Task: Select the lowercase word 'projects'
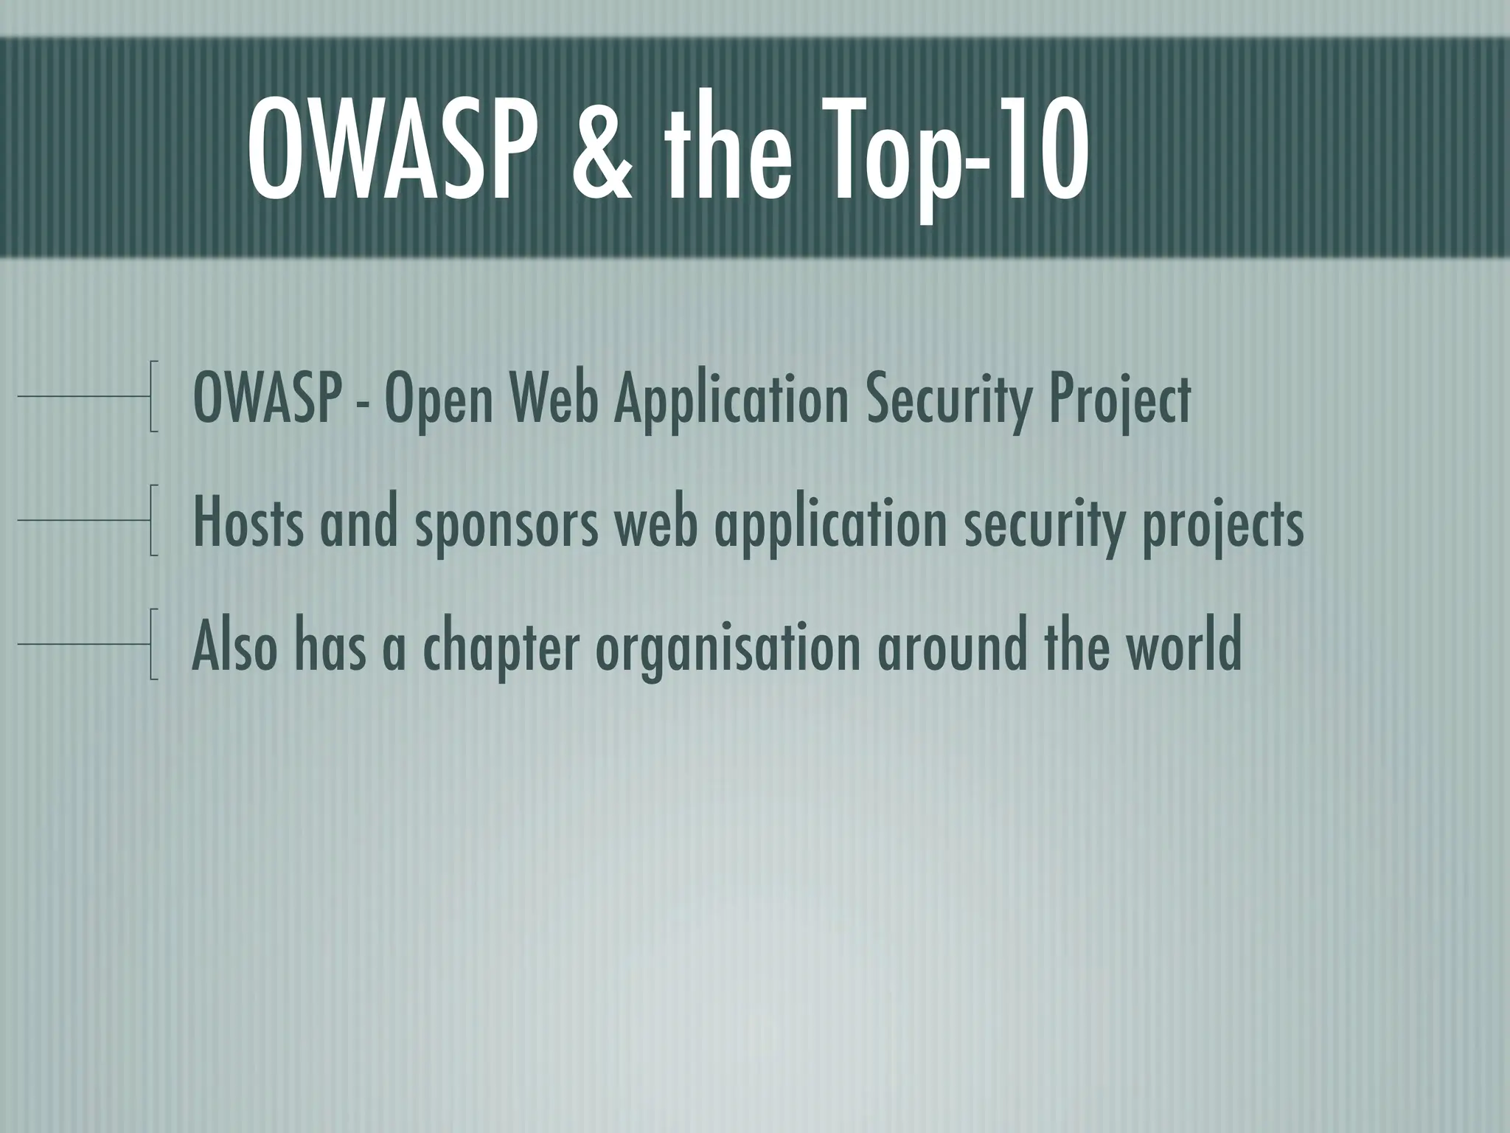1222,524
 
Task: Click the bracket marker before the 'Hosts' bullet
153,520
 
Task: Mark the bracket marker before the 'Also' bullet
153,644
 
